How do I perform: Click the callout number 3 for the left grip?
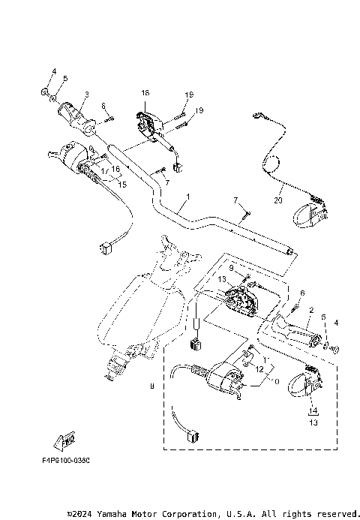(86, 95)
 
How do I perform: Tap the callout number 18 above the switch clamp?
(145, 92)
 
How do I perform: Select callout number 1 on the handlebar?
(187, 197)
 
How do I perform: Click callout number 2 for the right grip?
(310, 310)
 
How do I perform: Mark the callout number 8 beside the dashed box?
(151, 387)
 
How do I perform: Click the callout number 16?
(116, 170)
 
